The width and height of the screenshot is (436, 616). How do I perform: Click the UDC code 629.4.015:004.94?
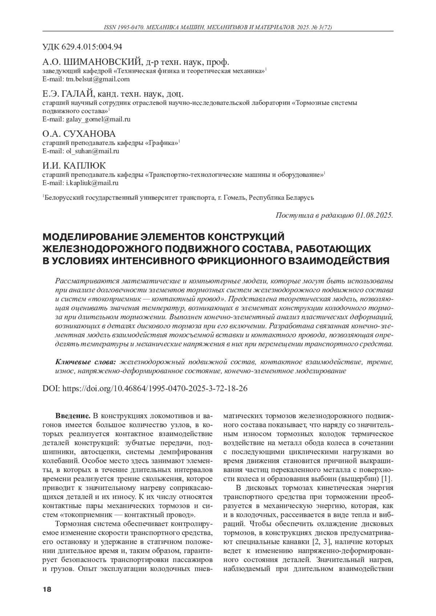pos(94,47)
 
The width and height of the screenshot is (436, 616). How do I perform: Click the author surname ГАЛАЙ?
pos(77,94)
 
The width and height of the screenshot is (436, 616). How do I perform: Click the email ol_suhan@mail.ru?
pos(93,151)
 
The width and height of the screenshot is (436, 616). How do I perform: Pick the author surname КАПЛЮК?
pos(85,165)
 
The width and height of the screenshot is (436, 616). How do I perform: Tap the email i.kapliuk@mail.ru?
pos(92,183)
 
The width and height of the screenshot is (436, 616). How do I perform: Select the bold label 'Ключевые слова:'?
pos(85,362)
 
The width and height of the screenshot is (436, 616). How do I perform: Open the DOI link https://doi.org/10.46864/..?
pos(156,389)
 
